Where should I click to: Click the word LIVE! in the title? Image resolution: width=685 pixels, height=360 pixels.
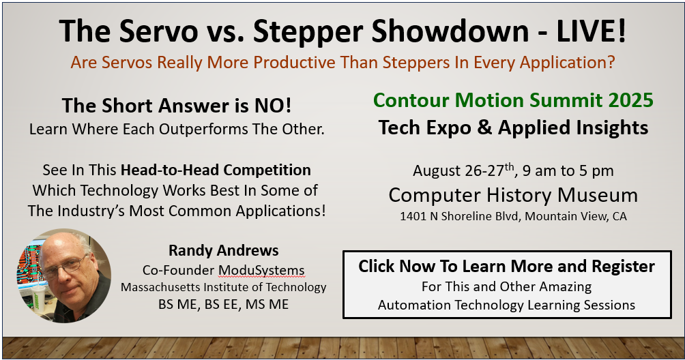(x=591, y=31)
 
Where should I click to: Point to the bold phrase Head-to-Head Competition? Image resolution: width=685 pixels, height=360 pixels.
(x=216, y=170)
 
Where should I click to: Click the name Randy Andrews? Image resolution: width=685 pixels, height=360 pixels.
(x=224, y=250)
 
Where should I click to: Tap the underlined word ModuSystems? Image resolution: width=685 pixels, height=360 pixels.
(x=261, y=271)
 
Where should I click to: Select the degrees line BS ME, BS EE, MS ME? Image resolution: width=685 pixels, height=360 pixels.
(x=224, y=304)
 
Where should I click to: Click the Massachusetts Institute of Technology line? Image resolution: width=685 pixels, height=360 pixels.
(x=224, y=287)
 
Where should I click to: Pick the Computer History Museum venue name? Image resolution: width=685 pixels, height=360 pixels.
(x=513, y=196)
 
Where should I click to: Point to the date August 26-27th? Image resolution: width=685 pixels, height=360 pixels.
(x=464, y=170)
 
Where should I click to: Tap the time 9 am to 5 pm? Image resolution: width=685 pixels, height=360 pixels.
(x=568, y=170)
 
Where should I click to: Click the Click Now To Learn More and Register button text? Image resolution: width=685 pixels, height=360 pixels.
(x=507, y=266)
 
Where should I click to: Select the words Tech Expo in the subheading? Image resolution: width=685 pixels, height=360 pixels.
(x=425, y=128)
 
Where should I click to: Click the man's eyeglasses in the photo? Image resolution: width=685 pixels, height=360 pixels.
(x=66, y=267)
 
